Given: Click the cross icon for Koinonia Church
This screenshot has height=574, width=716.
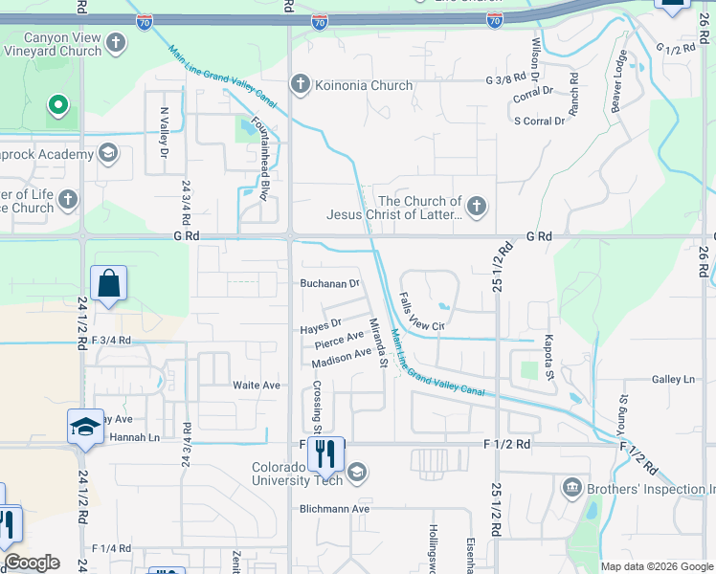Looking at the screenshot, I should pyautogui.click(x=300, y=85).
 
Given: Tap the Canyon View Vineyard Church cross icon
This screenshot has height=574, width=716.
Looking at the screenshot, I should pyautogui.click(x=116, y=43).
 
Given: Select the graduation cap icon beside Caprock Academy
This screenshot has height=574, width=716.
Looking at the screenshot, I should pyautogui.click(x=108, y=153).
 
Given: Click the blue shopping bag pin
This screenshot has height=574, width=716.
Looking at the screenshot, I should pyautogui.click(x=108, y=284).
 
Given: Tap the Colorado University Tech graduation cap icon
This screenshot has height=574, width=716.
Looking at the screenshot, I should pyautogui.click(x=357, y=472).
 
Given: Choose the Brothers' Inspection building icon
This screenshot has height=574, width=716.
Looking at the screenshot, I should pyautogui.click(x=572, y=489).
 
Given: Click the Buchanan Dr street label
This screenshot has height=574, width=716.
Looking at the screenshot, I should pyautogui.click(x=329, y=284).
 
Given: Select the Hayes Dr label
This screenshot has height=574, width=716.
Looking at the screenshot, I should pyautogui.click(x=321, y=327).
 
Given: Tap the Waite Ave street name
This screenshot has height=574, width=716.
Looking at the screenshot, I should pyautogui.click(x=257, y=385).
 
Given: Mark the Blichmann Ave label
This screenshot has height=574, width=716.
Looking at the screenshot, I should pyautogui.click(x=338, y=509).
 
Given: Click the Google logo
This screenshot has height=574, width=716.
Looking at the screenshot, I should pyautogui.click(x=32, y=563).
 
